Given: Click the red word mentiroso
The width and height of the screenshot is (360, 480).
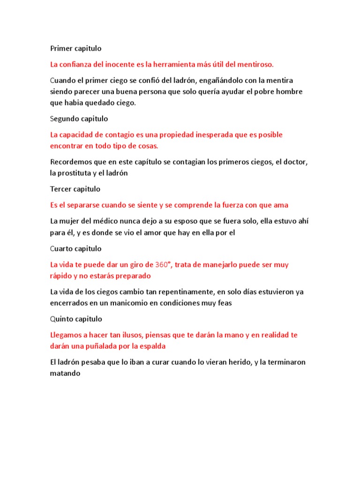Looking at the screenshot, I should pyautogui.click(x=254, y=64).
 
